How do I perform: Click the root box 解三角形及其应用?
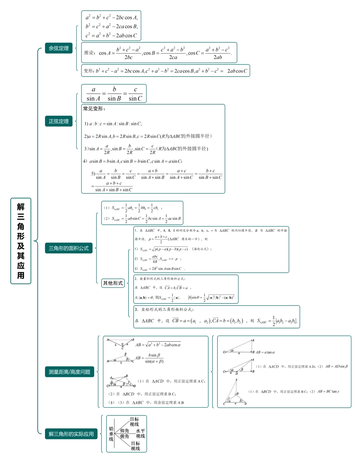tap(21, 241)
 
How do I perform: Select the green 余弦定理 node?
tap(58, 48)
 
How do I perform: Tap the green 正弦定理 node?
tap(58, 121)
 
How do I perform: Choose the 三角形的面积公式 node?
tap(69, 248)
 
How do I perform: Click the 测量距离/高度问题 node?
tap(69, 372)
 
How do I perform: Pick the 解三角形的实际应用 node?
tap(71, 434)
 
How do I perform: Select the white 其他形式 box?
tap(113, 283)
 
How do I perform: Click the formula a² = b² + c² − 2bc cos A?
tap(111, 17)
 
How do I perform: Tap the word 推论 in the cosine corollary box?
tap(89, 53)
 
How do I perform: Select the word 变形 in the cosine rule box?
tap(88, 71)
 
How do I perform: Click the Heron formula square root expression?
tap(165, 249)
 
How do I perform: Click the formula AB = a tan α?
tap(265, 352)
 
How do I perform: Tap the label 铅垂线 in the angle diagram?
tap(111, 434)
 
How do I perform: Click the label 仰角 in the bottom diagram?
tap(125, 431)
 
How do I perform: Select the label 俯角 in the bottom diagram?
tap(125, 436)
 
